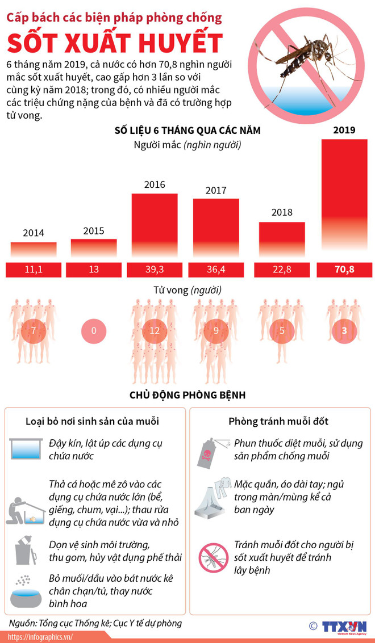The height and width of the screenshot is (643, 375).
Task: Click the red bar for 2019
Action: coord(344,196)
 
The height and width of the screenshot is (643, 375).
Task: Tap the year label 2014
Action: coord(34,233)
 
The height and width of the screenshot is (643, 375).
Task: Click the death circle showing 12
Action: coord(155,330)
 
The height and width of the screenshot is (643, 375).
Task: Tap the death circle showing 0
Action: coord(94,330)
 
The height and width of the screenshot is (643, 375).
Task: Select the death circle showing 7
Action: coord(34,330)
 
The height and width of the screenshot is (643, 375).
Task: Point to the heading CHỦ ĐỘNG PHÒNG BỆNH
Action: coord(187,395)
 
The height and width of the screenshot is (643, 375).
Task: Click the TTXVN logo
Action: coord(344,626)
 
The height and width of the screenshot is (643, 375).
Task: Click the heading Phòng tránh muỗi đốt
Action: coord(278,422)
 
